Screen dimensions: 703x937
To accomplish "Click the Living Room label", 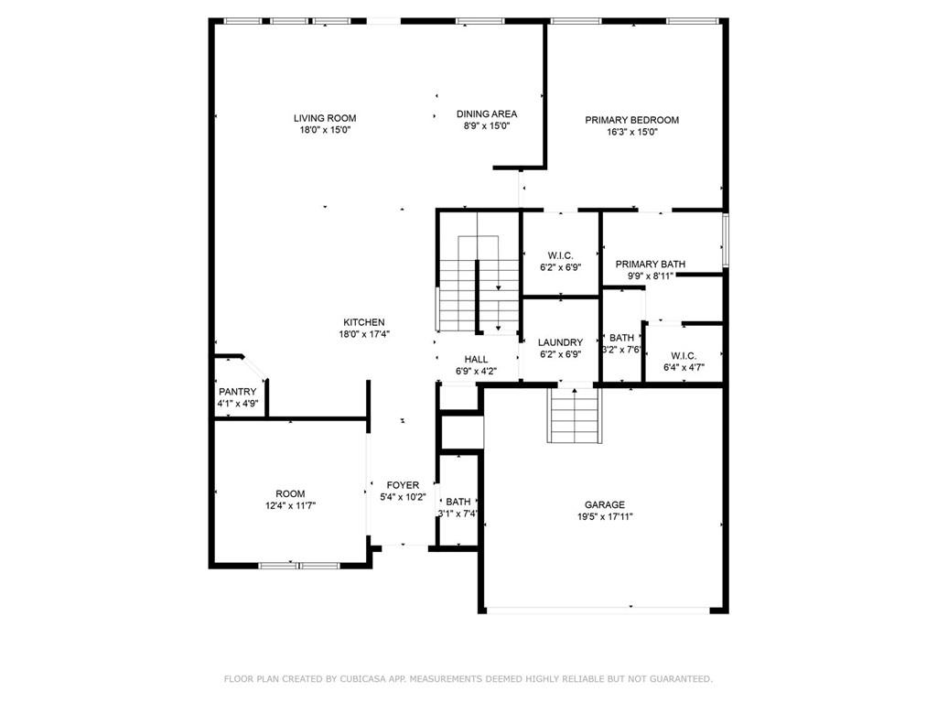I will click(x=325, y=118).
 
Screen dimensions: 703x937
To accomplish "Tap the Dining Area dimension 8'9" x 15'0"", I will click(x=487, y=126).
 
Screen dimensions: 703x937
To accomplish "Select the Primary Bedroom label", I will click(x=631, y=120).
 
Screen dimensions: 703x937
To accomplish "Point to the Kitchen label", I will click(x=363, y=322).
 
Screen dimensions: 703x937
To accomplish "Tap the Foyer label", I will click(x=403, y=485).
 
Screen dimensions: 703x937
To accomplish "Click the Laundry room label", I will click(x=560, y=342).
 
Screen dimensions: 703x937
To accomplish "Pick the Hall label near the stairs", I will click(x=476, y=360).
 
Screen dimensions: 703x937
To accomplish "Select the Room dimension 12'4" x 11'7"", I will click(x=290, y=505).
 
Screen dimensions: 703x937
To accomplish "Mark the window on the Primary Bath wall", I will click(x=725, y=241).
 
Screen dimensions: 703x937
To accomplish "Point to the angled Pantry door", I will click(x=255, y=366).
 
